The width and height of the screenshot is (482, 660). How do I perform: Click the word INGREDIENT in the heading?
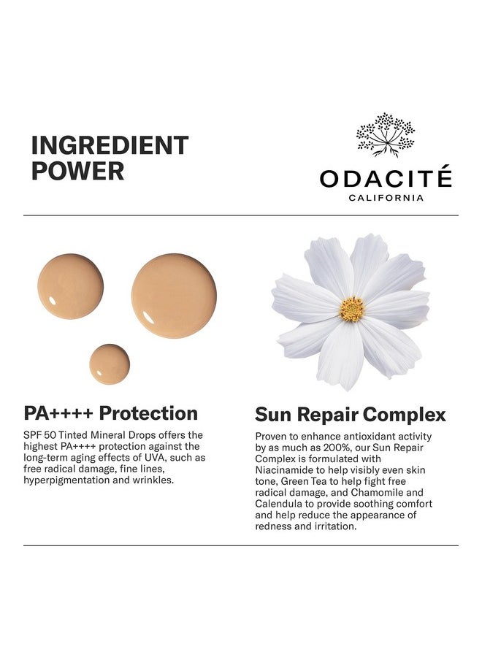coord(110,145)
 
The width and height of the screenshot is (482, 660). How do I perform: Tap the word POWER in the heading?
coord(77,171)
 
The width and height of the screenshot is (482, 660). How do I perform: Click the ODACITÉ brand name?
coord(386,178)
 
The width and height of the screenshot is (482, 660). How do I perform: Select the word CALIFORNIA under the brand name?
coord(386,198)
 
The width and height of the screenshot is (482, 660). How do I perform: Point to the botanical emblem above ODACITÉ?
coord(385,134)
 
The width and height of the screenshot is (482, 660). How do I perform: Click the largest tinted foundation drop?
coord(174,295)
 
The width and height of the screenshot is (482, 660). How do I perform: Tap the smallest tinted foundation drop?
coord(110,364)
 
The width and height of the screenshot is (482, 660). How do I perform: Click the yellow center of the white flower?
coord(352,309)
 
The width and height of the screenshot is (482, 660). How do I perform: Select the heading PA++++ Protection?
coord(111,413)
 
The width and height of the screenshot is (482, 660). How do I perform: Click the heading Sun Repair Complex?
coord(351,415)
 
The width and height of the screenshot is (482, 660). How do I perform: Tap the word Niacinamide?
coord(286,471)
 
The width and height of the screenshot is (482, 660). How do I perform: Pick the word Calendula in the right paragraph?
coord(280,504)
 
